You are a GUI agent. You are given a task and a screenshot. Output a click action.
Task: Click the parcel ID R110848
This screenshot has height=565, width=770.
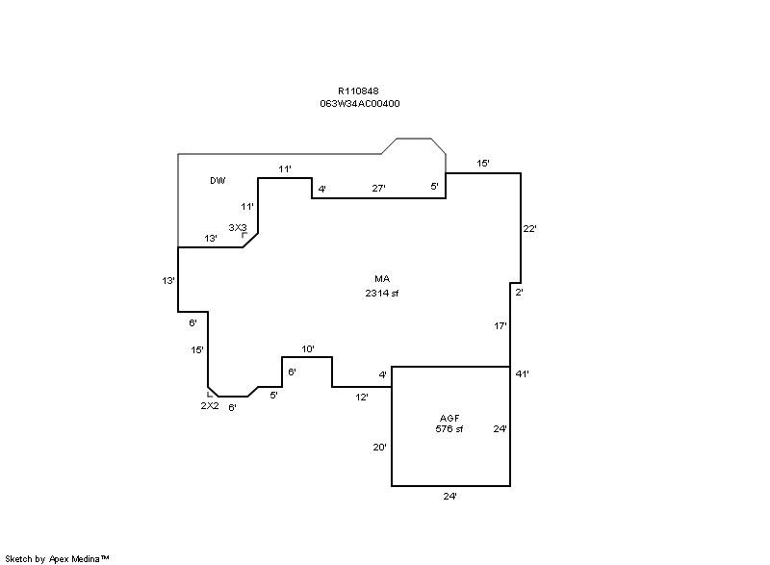click(358, 90)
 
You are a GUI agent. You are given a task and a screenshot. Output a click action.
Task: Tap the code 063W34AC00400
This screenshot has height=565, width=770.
click(359, 104)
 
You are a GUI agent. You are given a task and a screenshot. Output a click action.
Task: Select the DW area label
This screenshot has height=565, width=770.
click(218, 181)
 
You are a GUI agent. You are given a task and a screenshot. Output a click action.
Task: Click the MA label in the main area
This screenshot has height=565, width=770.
click(382, 279)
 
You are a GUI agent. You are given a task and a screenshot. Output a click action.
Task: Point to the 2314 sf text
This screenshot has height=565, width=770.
click(381, 293)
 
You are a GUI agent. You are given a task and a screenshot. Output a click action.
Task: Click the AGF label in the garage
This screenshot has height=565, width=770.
click(449, 419)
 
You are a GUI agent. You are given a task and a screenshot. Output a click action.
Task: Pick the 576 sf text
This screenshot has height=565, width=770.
click(449, 429)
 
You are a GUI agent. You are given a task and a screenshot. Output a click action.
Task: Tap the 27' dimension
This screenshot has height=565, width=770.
click(378, 188)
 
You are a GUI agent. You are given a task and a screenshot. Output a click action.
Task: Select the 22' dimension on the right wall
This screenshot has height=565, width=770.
click(530, 228)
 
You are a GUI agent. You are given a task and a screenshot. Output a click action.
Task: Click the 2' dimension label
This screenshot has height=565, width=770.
click(519, 292)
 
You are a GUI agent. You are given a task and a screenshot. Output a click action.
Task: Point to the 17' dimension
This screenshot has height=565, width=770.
click(500, 325)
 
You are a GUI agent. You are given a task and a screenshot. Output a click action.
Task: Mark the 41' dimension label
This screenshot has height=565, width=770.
click(522, 374)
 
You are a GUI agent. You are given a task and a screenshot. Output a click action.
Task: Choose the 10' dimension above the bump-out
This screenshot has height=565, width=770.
click(308, 349)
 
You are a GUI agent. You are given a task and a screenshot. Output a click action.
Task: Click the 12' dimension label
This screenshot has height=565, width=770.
click(362, 398)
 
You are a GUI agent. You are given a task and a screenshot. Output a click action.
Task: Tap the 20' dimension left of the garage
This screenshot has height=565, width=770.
click(379, 448)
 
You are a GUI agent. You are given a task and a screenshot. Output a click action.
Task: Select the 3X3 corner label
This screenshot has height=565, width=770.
click(238, 228)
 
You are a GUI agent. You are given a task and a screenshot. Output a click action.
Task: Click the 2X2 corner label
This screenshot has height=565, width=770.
click(210, 406)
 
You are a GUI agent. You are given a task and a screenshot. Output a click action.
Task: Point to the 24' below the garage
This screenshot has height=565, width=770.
click(449, 497)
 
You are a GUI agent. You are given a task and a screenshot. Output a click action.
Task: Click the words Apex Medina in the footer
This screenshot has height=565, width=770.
click(74, 559)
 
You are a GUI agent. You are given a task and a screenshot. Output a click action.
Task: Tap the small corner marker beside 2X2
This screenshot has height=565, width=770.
click(209, 395)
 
